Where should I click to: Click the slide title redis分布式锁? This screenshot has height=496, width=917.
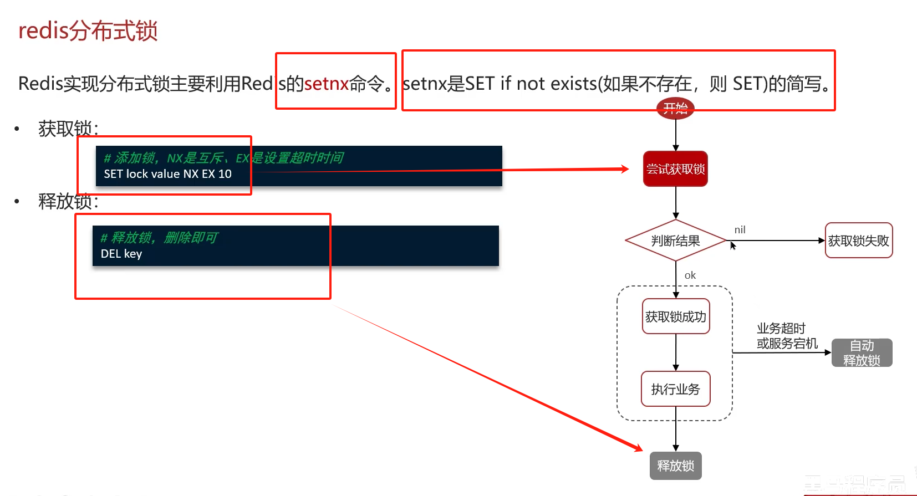coord(88,30)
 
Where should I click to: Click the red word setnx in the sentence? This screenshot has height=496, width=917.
coord(327,84)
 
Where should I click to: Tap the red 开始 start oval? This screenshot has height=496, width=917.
coord(675,108)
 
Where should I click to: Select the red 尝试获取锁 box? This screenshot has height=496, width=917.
coord(675,169)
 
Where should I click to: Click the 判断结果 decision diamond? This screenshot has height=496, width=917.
coord(675,241)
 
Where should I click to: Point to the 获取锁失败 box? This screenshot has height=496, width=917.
coord(858,241)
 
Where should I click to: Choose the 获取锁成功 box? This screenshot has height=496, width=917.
coord(675,316)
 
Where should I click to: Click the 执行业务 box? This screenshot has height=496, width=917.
coord(675,389)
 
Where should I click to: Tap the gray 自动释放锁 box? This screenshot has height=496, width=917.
coord(862,353)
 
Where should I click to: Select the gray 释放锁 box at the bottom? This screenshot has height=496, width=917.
coord(675,466)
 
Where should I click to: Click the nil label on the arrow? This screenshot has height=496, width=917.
coord(740,229)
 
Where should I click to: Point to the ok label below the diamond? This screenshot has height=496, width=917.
coord(690,275)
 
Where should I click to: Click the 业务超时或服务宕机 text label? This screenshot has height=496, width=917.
coord(787,336)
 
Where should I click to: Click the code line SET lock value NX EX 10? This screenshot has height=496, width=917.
coord(167,174)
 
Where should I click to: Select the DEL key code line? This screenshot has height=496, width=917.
coord(121,254)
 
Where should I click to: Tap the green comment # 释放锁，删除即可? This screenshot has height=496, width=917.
coord(159,238)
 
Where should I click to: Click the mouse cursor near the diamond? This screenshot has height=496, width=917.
coord(732,246)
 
